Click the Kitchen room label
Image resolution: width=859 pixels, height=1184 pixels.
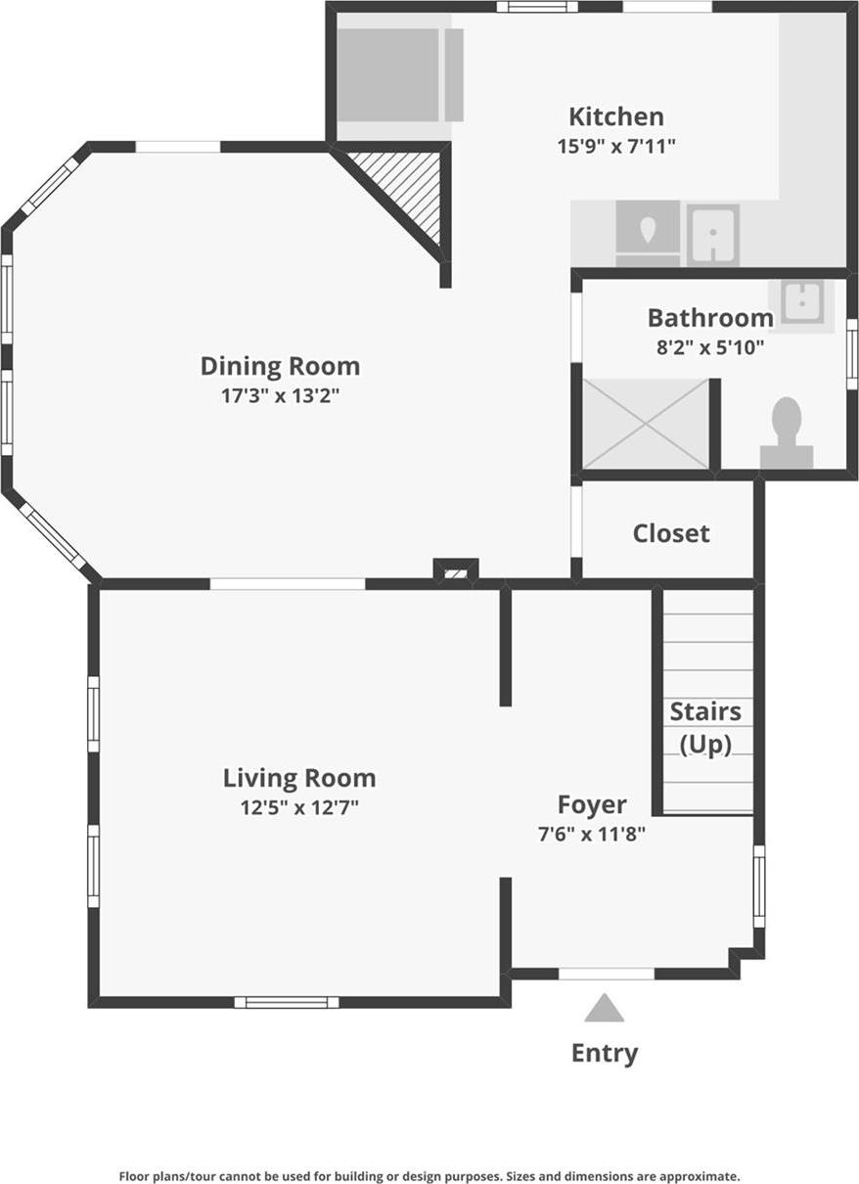point(615,116)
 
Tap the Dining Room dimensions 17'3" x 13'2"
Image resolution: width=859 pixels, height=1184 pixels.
point(280,396)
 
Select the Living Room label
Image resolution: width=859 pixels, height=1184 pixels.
point(299,778)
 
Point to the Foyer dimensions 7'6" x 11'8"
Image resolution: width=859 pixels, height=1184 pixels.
point(591,835)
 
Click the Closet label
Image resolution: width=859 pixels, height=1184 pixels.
point(670,533)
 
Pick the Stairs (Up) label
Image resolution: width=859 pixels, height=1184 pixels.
point(705,727)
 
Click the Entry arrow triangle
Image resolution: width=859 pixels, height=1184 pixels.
point(605,1009)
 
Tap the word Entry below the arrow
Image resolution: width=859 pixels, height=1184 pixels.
point(605,1053)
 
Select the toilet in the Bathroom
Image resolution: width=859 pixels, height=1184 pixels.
point(787,434)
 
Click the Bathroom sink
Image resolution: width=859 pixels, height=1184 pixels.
point(801,300)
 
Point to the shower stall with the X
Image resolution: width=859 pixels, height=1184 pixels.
point(646,424)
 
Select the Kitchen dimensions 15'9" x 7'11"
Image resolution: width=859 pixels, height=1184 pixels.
point(615,146)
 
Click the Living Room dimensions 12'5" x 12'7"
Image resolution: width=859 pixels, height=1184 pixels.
point(299,808)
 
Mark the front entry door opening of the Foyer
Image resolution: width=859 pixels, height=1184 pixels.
point(606,974)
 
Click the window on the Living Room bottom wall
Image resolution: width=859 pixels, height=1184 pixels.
point(287,1001)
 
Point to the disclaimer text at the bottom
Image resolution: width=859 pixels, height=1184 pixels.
point(429,1176)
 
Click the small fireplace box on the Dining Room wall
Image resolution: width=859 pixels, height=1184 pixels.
point(455,569)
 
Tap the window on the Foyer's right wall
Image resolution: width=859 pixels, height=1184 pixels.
point(759,887)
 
